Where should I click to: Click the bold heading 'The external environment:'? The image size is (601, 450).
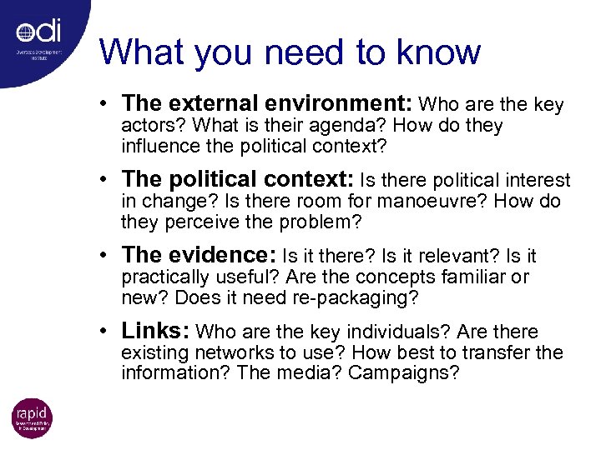pyautogui.click(x=266, y=103)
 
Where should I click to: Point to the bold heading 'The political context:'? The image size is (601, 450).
pyautogui.click(x=238, y=179)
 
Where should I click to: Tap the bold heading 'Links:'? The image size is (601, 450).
pyautogui.click(x=154, y=331)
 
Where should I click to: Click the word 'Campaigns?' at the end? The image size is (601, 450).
pyautogui.click(x=403, y=373)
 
